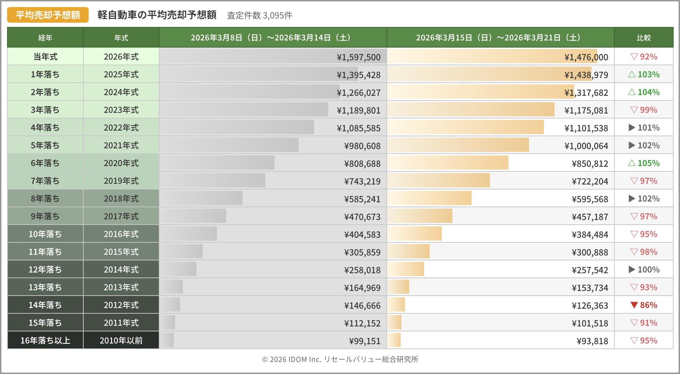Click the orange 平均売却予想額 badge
(x=48, y=15)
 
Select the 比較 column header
(x=643, y=38)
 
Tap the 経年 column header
(x=45, y=38)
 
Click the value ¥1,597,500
(x=358, y=57)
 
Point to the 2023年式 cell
(x=121, y=110)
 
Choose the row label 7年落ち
(x=45, y=181)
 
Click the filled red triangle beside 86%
(x=634, y=305)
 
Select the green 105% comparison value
(x=648, y=163)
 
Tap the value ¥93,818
(x=592, y=341)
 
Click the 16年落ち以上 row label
(x=45, y=341)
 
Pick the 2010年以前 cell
(x=121, y=341)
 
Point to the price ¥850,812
(x=590, y=164)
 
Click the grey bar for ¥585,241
(x=201, y=198)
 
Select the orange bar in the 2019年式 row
(x=439, y=180)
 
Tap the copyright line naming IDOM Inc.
(x=340, y=359)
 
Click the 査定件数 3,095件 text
(x=260, y=15)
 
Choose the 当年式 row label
(x=45, y=57)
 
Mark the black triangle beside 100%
(x=632, y=269)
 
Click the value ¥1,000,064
(x=586, y=146)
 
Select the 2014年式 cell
(x=121, y=270)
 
